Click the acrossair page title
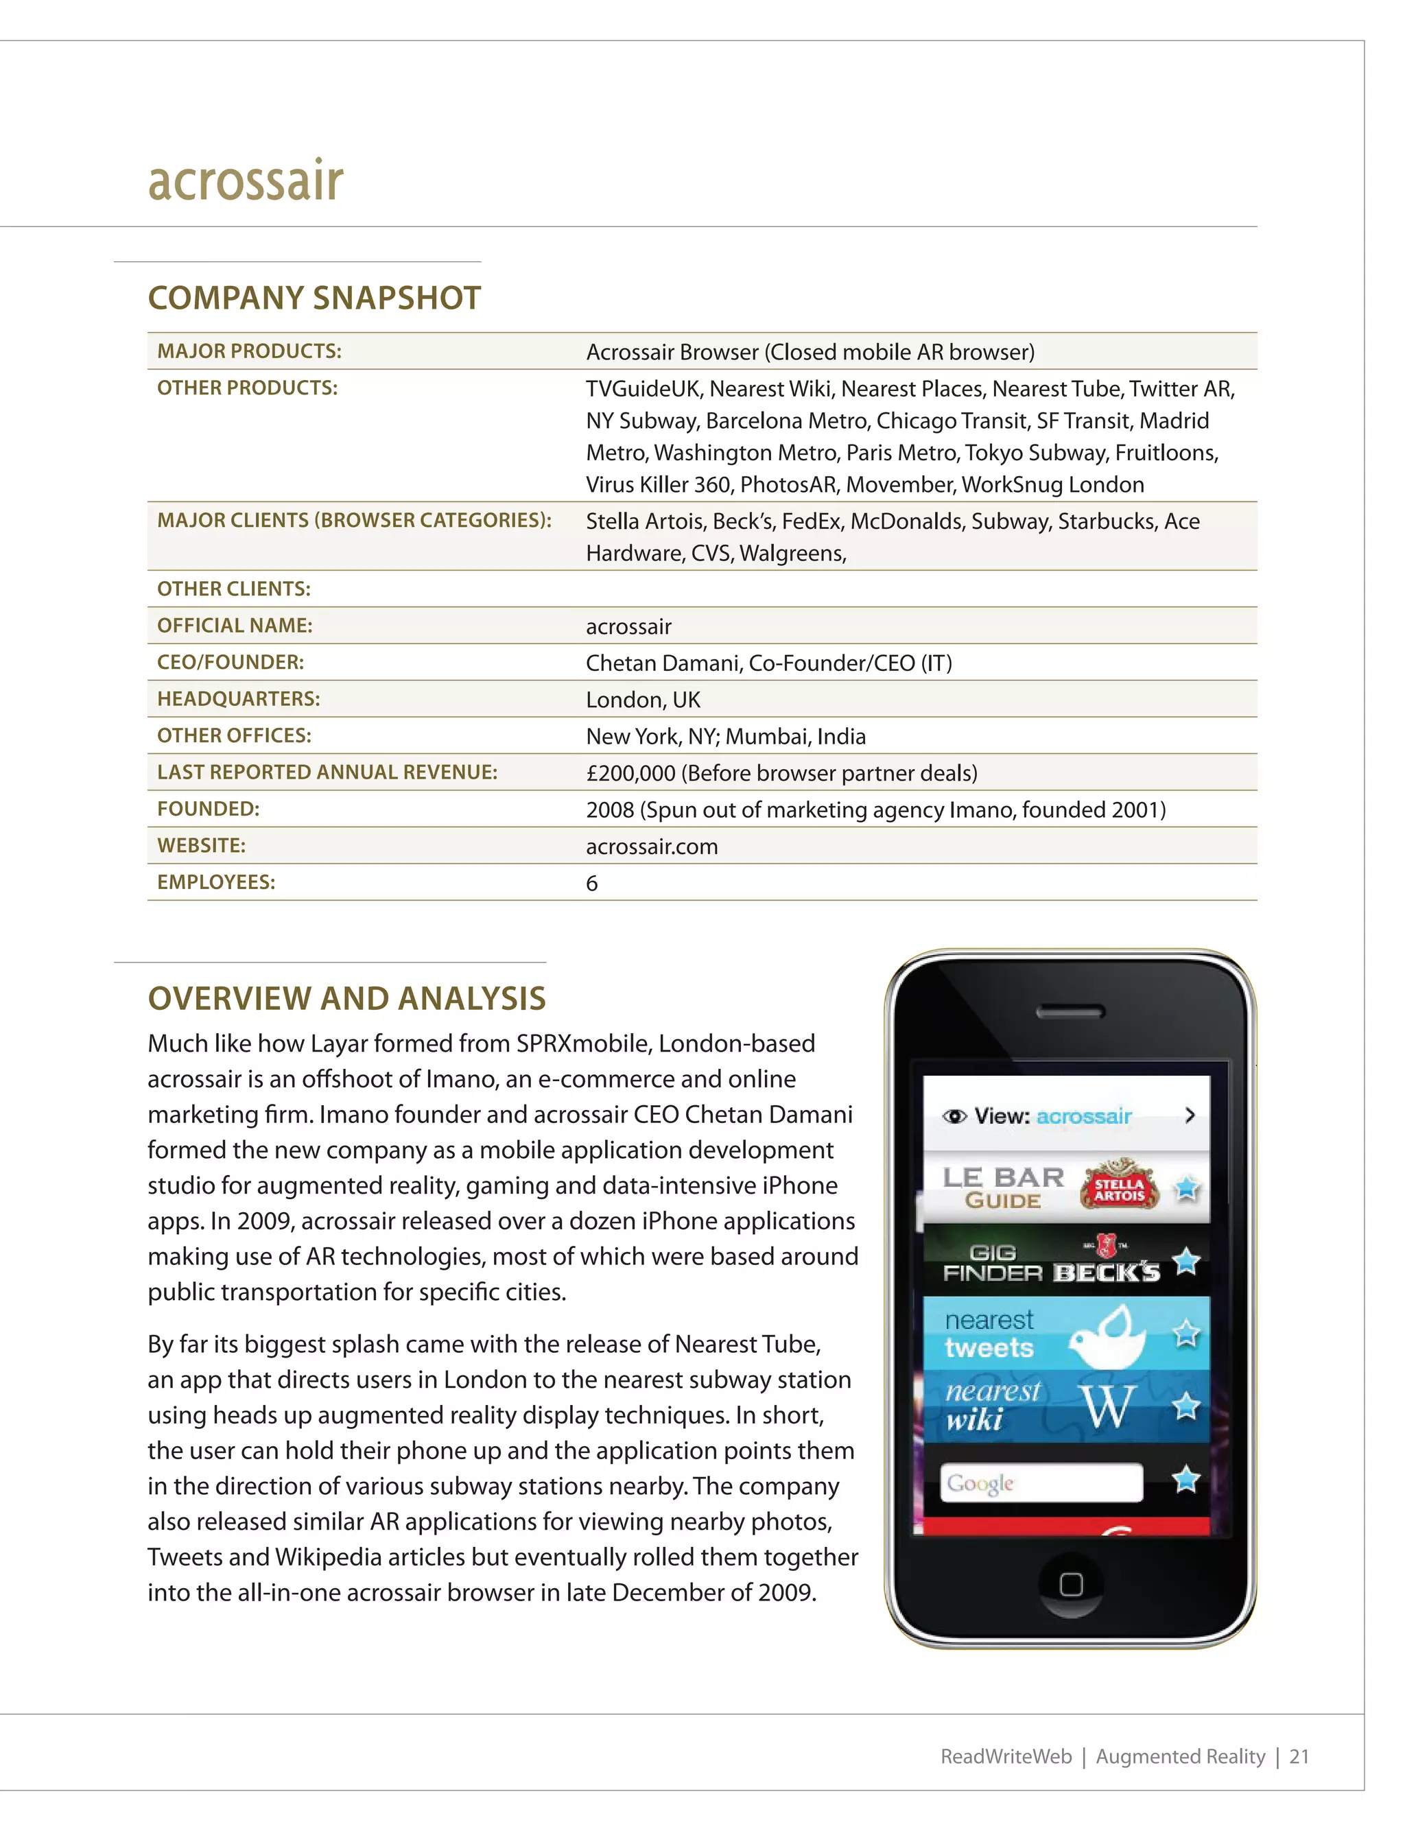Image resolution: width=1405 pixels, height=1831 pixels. tap(245, 180)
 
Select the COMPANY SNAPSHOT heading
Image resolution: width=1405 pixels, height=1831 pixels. tap(314, 298)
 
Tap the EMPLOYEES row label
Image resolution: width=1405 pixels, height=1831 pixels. tap(216, 882)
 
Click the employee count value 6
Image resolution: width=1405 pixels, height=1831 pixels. tap(591, 884)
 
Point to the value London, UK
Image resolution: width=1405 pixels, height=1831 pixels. tap(642, 700)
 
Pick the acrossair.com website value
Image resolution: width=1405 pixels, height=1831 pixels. tap(652, 847)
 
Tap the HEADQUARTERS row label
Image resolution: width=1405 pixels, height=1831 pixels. tap(238, 699)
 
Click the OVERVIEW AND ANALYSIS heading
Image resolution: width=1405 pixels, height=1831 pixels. tap(346, 998)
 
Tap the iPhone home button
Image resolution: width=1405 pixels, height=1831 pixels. tap(1070, 1584)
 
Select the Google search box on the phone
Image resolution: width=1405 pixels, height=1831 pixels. tap(1041, 1483)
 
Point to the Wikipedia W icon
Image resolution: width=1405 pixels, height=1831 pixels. tap(1107, 1407)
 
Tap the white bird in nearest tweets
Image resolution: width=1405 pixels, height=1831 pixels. tap(1108, 1336)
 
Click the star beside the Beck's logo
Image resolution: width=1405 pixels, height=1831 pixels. tap(1186, 1261)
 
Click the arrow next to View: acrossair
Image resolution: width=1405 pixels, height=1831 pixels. tap(1190, 1115)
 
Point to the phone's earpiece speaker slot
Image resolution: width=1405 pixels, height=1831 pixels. tap(1070, 1012)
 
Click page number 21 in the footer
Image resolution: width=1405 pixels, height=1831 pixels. tap(1298, 1757)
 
